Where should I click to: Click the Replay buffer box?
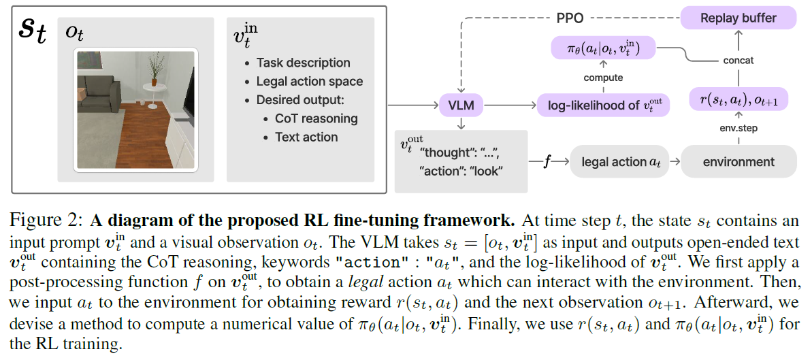738,18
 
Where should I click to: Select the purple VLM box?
461,105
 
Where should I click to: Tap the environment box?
738,162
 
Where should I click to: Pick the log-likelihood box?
604,105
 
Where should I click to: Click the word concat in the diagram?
738,61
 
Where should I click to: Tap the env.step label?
738,128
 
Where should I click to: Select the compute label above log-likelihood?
603,78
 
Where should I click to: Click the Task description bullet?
303,63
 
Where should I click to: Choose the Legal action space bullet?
309,82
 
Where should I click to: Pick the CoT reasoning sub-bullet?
316,118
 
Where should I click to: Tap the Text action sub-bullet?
306,137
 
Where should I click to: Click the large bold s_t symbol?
32,31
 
